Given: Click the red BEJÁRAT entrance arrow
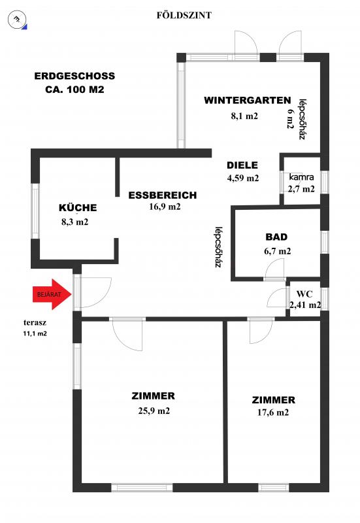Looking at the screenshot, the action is pyautogui.click(x=52, y=294).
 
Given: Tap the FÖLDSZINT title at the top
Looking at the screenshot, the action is pyautogui.click(x=184, y=15).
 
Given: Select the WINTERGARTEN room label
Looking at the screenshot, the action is pyautogui.click(x=248, y=101).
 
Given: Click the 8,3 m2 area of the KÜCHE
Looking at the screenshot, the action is pyautogui.click(x=75, y=222).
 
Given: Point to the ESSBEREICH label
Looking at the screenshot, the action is pyautogui.click(x=163, y=195).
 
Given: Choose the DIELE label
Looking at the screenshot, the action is pyautogui.click(x=242, y=165).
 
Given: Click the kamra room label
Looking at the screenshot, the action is pyautogui.click(x=301, y=177).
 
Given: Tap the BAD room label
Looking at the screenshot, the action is pyautogui.click(x=276, y=237).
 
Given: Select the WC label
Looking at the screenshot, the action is pyautogui.click(x=304, y=294).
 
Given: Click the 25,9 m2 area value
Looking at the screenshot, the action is pyautogui.click(x=154, y=411).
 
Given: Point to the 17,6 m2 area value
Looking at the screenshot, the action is pyautogui.click(x=273, y=413).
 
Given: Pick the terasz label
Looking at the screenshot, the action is pyautogui.click(x=35, y=322).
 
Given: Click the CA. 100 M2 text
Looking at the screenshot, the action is pyautogui.click(x=74, y=90).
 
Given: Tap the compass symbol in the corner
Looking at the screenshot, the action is pyautogui.click(x=17, y=20).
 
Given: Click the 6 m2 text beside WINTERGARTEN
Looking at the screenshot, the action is pyautogui.click(x=290, y=119).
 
